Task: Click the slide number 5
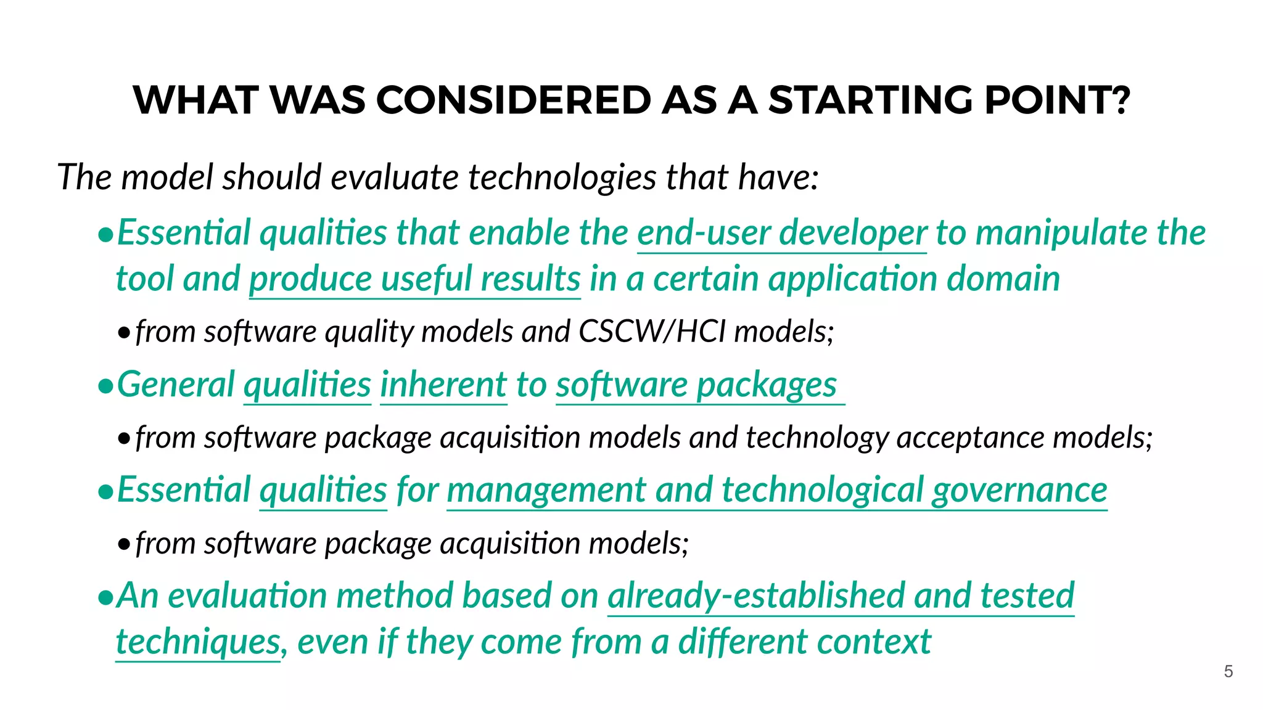1228,671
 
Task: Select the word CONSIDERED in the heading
513,100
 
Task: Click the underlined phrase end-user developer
781,233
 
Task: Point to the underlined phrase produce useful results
414,279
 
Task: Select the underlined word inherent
443,385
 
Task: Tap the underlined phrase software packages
696,385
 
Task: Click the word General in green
176,385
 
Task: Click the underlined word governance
1019,491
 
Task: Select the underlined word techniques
198,642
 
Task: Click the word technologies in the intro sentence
562,177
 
